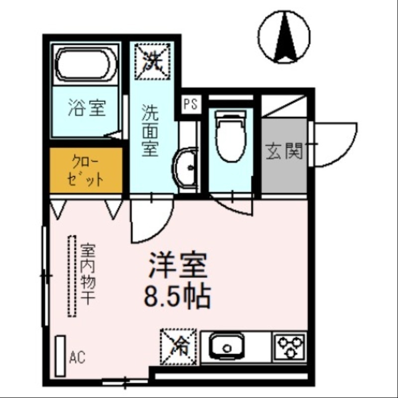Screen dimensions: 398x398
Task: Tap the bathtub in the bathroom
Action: tap(87, 64)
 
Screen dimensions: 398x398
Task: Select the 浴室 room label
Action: tap(87, 108)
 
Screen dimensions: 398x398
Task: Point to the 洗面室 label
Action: tap(149, 130)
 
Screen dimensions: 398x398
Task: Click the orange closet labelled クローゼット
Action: tap(86, 170)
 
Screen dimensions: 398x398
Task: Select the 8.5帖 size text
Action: tap(178, 297)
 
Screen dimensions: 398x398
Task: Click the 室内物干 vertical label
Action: tap(88, 274)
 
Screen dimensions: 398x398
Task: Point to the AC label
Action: tap(78, 357)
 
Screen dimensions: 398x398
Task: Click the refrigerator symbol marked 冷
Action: tap(178, 344)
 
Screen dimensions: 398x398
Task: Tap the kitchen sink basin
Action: tap(226, 345)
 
